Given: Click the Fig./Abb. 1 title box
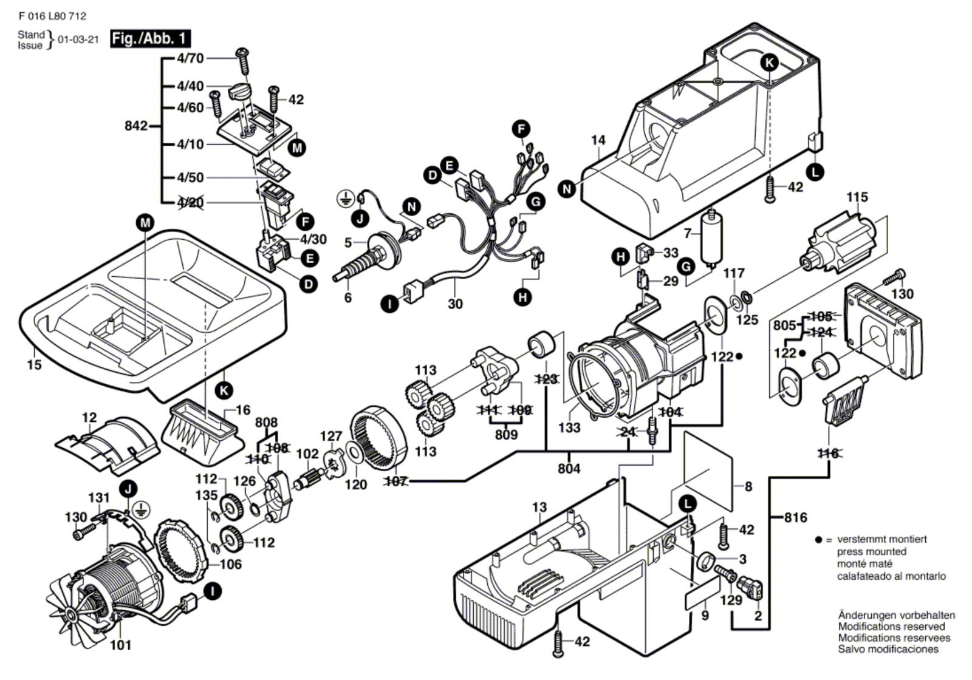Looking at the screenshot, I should pyautogui.click(x=150, y=39).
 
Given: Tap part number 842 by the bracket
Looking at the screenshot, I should pyautogui.click(x=135, y=126).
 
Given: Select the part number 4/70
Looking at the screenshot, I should pyautogui.click(x=190, y=58).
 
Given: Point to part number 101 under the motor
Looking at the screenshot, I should pyautogui.click(x=120, y=645).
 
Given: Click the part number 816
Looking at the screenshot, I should pyautogui.click(x=795, y=517).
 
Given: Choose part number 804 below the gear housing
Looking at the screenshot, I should pyautogui.click(x=569, y=468).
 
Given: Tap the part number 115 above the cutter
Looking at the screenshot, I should pyautogui.click(x=857, y=197).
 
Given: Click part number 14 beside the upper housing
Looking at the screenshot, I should pyautogui.click(x=598, y=140).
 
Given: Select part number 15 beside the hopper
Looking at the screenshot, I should pyautogui.click(x=34, y=364).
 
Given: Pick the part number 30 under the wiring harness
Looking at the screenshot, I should pyautogui.click(x=455, y=304).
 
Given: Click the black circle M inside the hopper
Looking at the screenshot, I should pyautogui.click(x=145, y=223).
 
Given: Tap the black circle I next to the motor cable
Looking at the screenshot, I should pyautogui.click(x=212, y=590).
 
